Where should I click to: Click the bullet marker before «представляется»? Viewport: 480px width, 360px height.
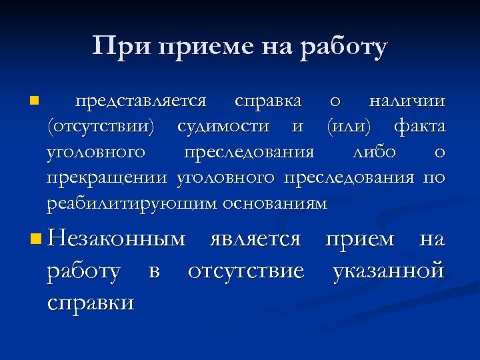coord(34,101)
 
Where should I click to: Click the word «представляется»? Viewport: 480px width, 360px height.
coord(141,101)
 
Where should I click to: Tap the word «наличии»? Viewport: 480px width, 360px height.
coord(407,101)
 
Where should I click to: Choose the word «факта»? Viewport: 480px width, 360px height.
coord(420,127)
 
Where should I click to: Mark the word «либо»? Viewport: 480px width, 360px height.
coord(373,152)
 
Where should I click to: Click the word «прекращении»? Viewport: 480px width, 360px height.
coord(108,178)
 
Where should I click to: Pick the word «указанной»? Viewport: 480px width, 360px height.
coord(389,271)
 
